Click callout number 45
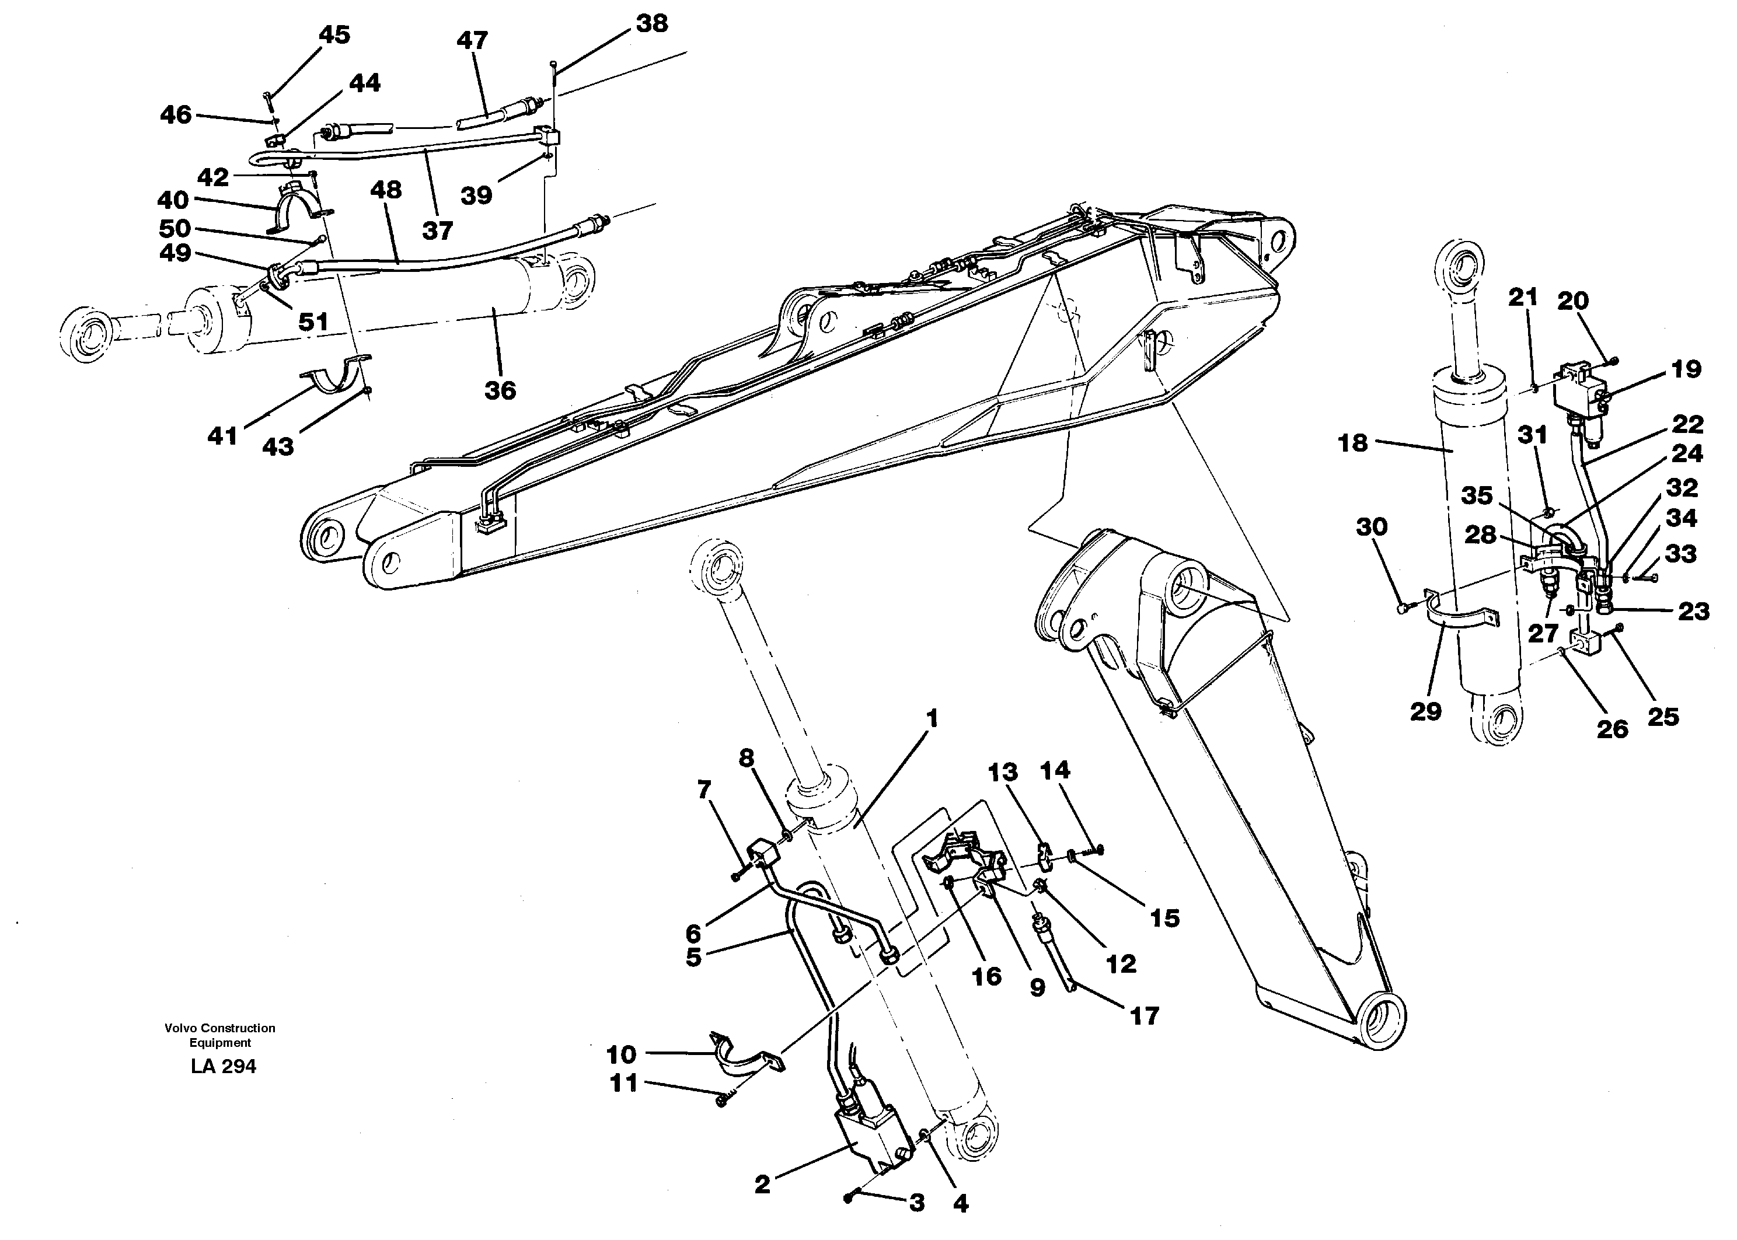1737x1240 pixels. coord(334,35)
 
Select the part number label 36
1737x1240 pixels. coord(500,391)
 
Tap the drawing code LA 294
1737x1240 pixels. coord(223,1067)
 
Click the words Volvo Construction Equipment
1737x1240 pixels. coord(220,1035)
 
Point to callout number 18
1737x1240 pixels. coord(1352,442)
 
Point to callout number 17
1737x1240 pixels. coord(1144,1015)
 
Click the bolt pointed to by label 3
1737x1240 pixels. coord(849,1198)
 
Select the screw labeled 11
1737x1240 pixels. coord(722,1101)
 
